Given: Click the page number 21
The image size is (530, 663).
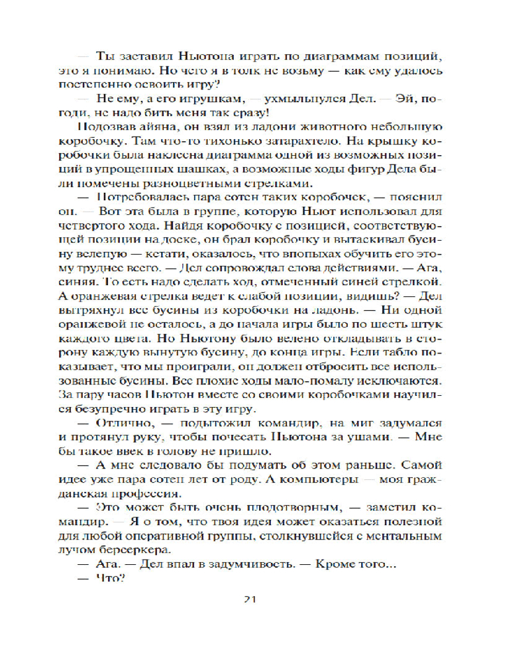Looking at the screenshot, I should coord(250,601).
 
